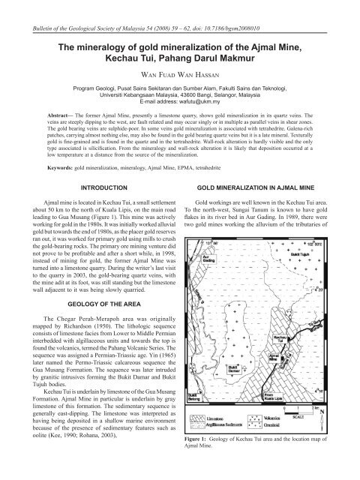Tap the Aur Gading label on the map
tap(205, 257)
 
